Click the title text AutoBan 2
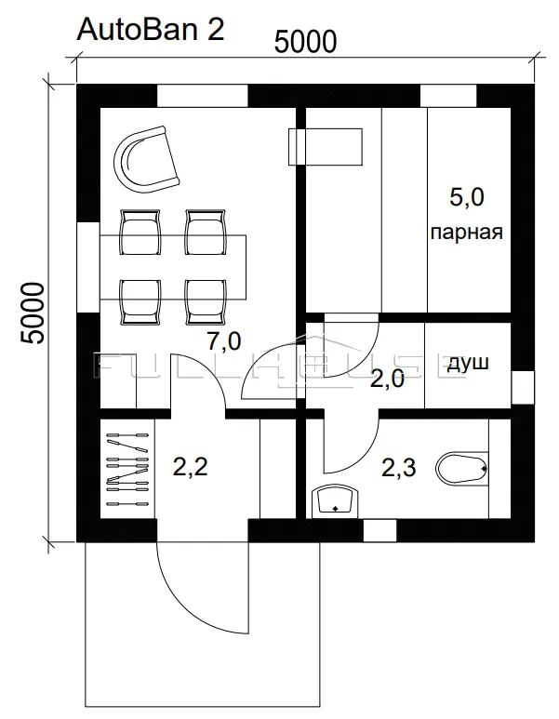coord(151,30)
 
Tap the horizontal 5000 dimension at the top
coord(305,42)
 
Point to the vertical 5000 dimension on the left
coord(33,313)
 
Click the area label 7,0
coord(224,341)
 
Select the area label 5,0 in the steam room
coord(467,197)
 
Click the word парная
coord(467,232)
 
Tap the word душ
coord(468,363)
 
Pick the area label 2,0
coord(387,379)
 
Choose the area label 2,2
coord(191,467)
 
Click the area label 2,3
coord(399,468)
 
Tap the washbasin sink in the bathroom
coord(335,501)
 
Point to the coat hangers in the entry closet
coord(127,469)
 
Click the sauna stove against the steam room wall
coord(326,147)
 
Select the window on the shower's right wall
coord(523,388)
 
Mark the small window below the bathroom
coord(380,530)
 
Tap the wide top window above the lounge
coord(203,96)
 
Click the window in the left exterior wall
coord(88,268)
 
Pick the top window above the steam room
coord(448,96)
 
